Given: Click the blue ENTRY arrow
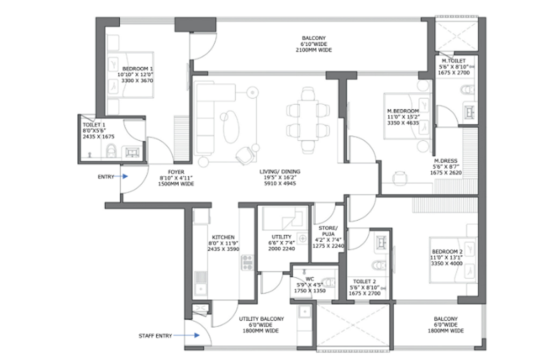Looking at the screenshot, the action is (121, 177).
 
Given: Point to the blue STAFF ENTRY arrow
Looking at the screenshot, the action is (186, 335).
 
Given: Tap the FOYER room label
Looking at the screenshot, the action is (176, 172).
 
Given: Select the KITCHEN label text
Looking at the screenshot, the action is (223, 237).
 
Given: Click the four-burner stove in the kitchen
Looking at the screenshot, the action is (247, 262).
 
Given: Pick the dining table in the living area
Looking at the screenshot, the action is (308, 120).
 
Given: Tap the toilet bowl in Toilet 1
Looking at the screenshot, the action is (111, 151).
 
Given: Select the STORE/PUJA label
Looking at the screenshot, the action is (328, 231).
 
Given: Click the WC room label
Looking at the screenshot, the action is (310, 279).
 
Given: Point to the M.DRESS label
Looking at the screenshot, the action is (446, 161).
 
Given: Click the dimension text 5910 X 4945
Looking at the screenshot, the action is (280, 183).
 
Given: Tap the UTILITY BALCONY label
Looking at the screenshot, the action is (261, 319).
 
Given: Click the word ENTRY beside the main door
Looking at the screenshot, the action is (106, 177).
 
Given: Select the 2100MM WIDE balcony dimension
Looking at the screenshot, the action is (314, 50).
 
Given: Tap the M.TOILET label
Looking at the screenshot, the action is (454, 61).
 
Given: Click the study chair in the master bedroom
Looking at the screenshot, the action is (400, 178).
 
